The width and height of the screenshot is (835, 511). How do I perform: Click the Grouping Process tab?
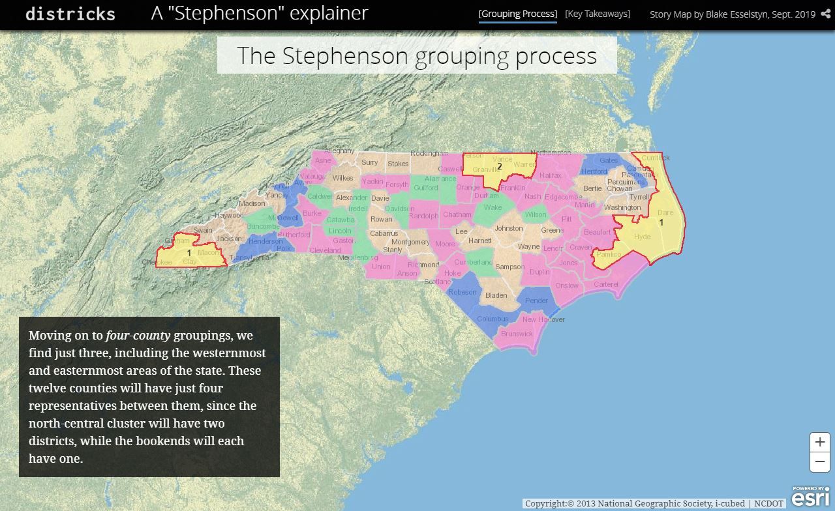coord(517,14)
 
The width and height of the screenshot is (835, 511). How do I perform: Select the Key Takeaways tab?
coord(598,14)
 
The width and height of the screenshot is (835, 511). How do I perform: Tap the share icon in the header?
coord(826,14)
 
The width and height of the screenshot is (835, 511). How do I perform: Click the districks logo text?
coord(70,14)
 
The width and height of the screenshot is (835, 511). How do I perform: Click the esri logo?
coord(810,497)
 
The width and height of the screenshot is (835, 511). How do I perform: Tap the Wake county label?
coord(493,208)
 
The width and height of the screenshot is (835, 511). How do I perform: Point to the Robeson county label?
coord(463,292)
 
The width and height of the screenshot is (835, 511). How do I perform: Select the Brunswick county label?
coord(517,334)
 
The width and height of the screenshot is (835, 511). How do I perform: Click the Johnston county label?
coord(508,228)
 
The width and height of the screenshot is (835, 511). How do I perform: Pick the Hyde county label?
coord(642,237)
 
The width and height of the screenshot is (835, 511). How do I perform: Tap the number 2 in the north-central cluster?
coord(500,166)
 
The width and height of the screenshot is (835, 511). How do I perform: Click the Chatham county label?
coord(457,214)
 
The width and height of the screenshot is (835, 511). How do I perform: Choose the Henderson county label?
coord(266,241)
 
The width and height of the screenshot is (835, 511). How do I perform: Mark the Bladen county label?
coord(496,295)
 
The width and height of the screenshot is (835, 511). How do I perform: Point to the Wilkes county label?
coord(342,178)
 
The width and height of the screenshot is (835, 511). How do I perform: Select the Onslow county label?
coord(567,285)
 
